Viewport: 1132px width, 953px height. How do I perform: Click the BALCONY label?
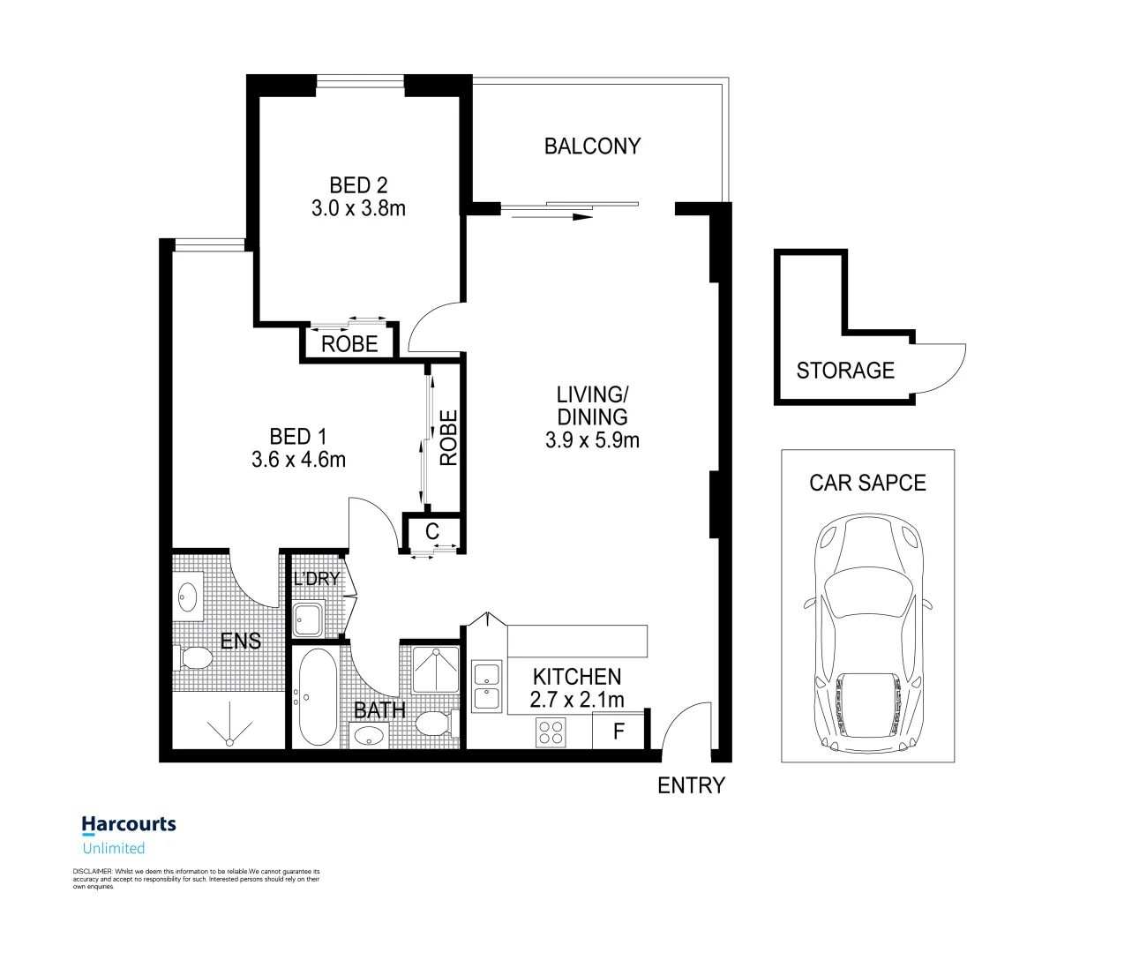(x=592, y=146)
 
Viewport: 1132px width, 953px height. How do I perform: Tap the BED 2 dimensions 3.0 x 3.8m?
(x=358, y=209)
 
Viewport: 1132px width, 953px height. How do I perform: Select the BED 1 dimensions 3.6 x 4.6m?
(x=298, y=460)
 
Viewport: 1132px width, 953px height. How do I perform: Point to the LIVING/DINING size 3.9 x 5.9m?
(x=592, y=440)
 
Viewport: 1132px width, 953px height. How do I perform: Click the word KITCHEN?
(x=577, y=677)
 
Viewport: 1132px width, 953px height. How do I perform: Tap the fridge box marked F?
(x=618, y=732)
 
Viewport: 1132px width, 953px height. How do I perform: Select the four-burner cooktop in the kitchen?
(x=551, y=732)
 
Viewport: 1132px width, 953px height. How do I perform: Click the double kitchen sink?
(x=487, y=687)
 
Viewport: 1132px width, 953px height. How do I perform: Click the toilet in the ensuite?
(x=195, y=657)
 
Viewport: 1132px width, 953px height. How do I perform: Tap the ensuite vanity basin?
(x=187, y=597)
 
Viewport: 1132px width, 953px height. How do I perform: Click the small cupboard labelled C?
(x=432, y=532)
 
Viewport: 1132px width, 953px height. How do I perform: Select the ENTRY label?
(x=691, y=785)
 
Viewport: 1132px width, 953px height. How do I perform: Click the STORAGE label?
(x=845, y=371)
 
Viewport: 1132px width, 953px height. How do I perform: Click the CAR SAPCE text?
(x=867, y=483)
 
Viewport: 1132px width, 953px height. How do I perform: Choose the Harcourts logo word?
(x=129, y=825)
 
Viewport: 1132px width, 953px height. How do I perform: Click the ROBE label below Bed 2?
(x=349, y=344)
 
